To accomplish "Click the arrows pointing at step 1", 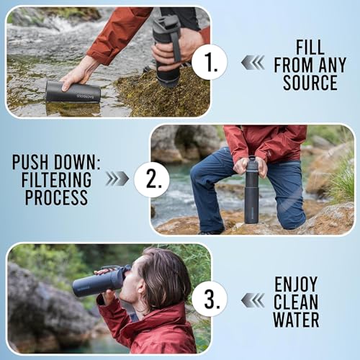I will coord(253,63).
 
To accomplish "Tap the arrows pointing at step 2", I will coord(117,179).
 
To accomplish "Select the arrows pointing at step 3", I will coord(253,299).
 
